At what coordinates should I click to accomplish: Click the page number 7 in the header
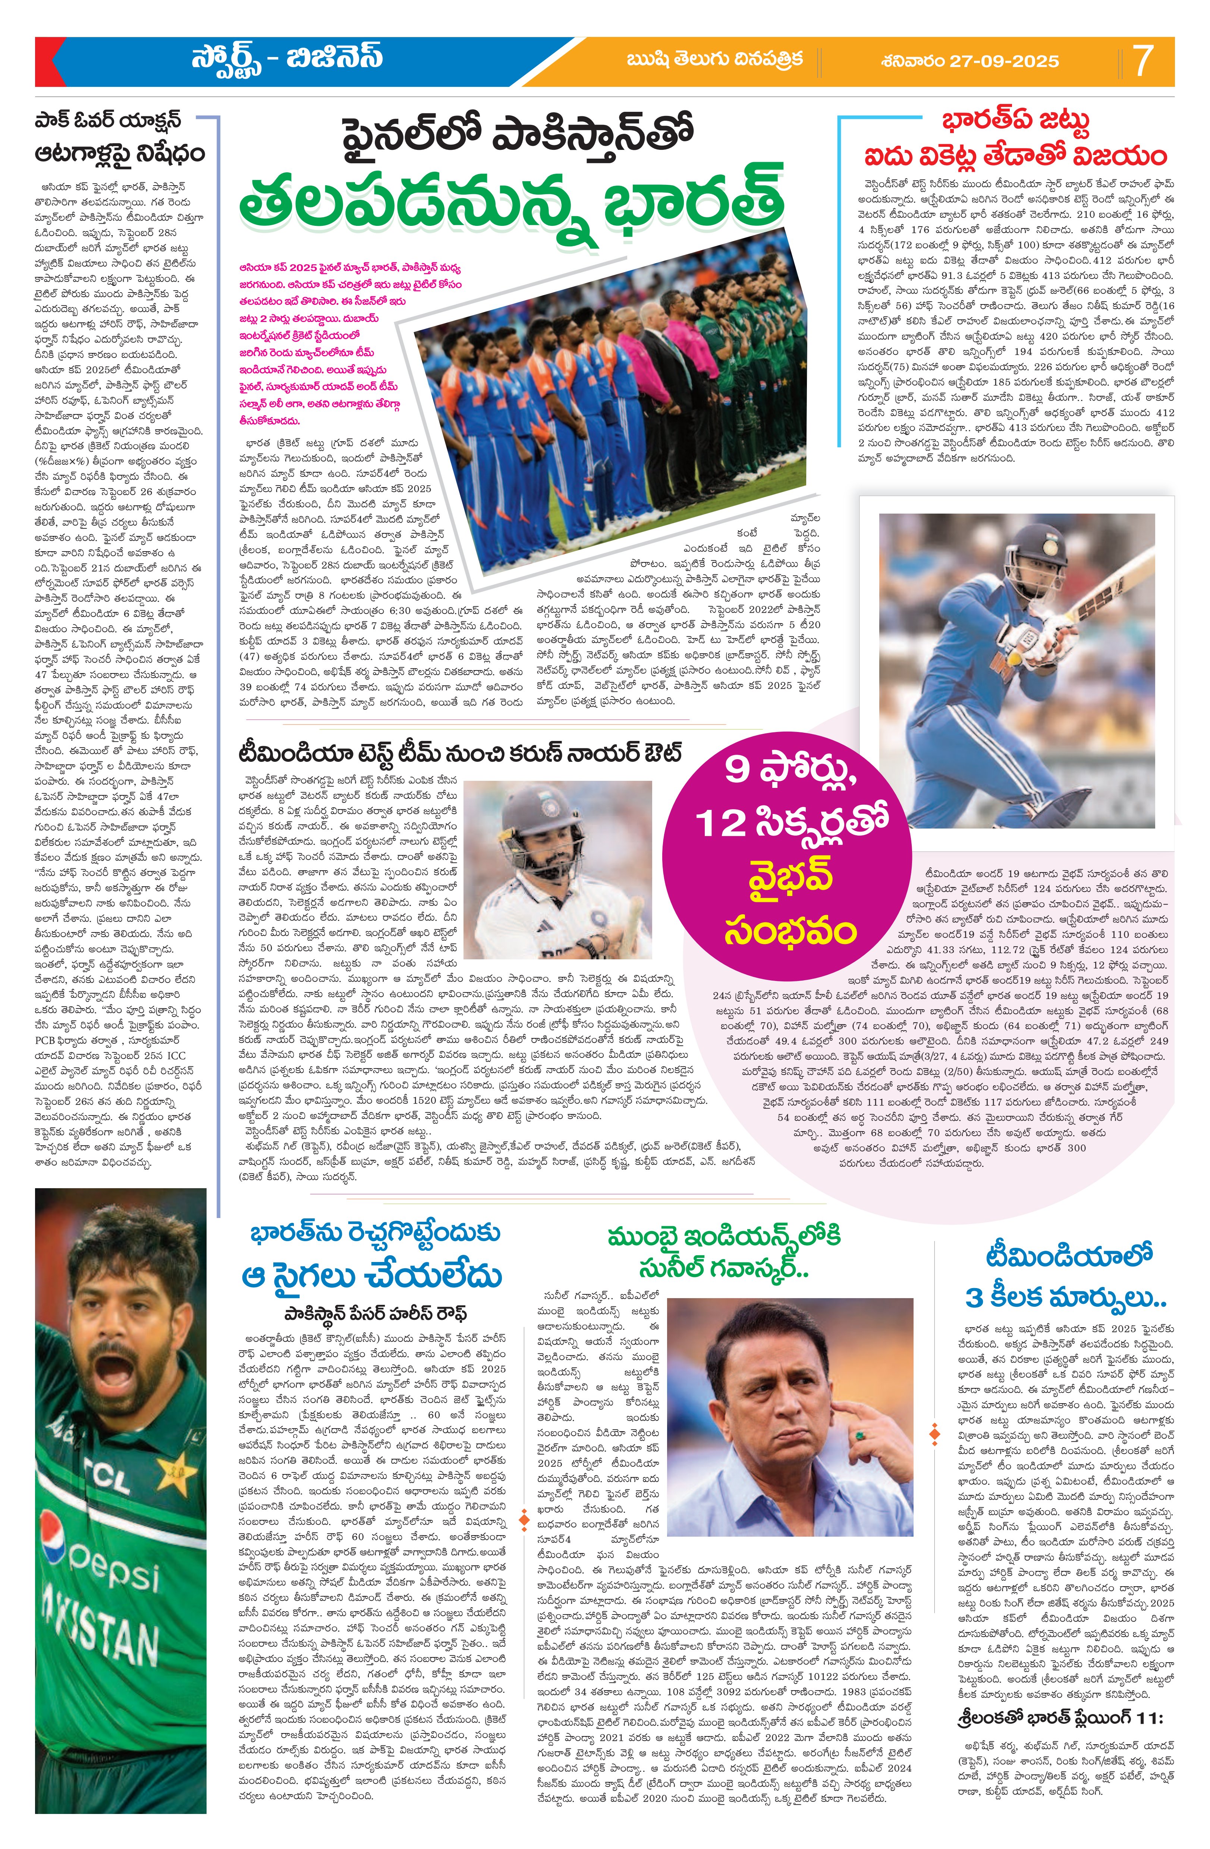click(1142, 61)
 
